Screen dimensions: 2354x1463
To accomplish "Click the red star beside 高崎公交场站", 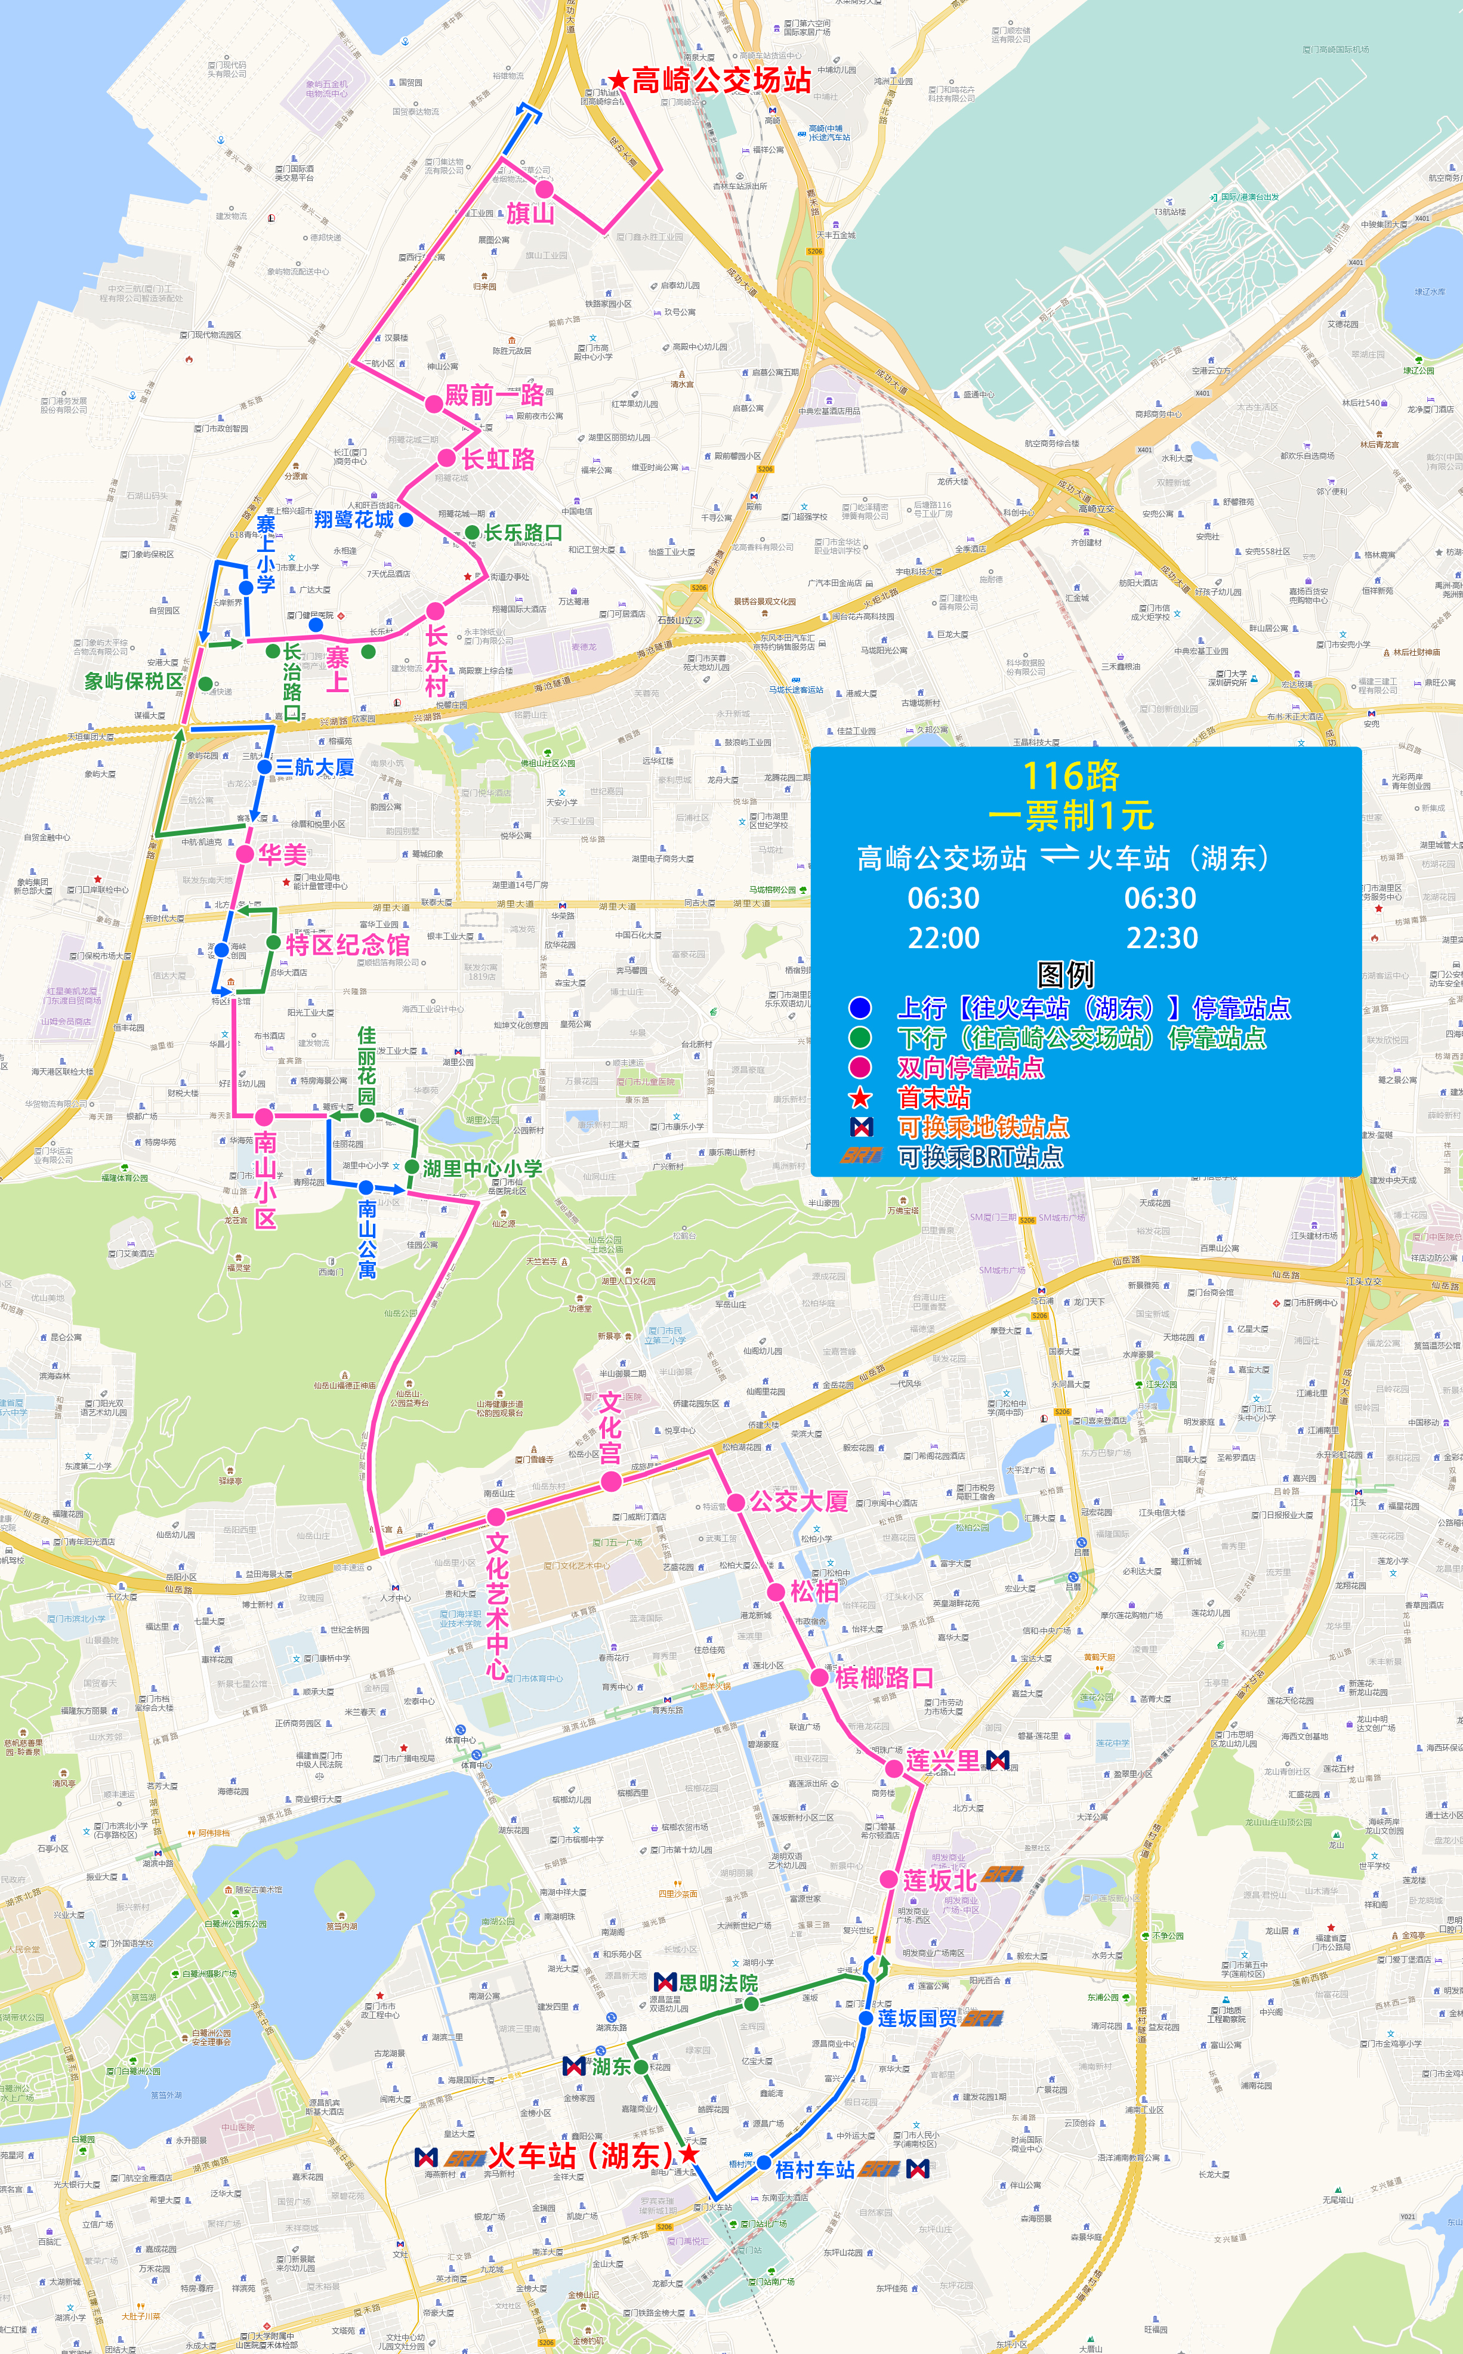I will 618,81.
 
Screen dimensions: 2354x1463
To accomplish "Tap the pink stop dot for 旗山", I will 545,189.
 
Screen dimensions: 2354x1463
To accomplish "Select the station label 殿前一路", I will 495,395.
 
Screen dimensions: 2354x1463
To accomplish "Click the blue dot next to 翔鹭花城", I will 406,520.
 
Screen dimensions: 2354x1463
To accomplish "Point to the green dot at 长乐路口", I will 471,533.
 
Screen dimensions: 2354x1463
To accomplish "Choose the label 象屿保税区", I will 134,681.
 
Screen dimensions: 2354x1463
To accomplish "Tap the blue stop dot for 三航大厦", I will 264,766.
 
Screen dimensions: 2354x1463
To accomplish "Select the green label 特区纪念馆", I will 347,945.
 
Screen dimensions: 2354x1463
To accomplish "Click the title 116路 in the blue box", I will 1071,775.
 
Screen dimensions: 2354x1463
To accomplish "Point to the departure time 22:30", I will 1161,937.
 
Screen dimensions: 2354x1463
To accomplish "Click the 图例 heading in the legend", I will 1064,973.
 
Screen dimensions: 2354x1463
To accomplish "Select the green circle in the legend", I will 859,1038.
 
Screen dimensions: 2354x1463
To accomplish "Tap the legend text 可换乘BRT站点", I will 980,1156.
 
